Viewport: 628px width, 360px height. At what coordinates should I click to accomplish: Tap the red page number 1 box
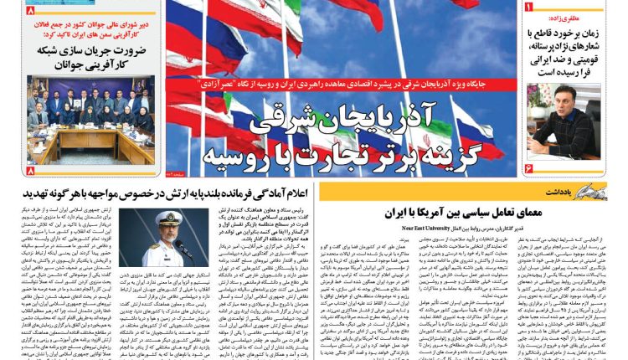click(x=528, y=8)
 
